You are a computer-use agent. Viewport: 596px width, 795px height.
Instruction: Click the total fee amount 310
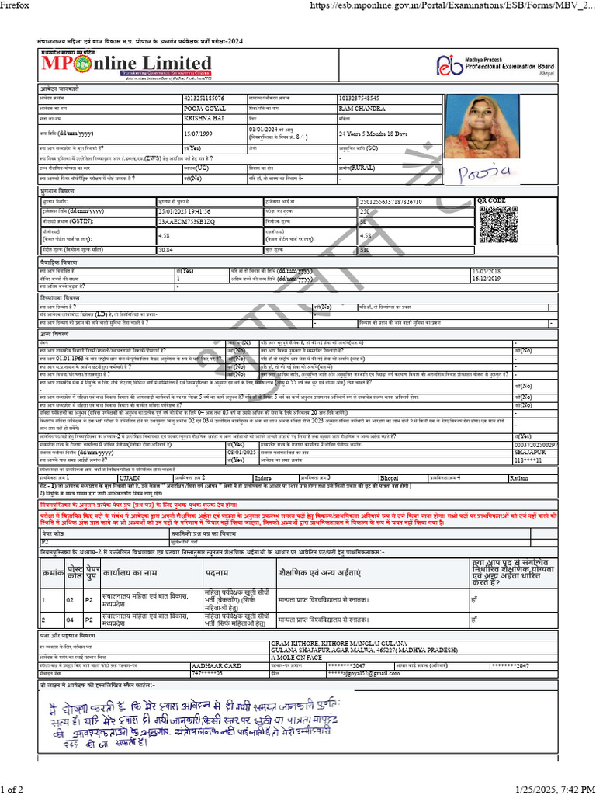tap(365, 250)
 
